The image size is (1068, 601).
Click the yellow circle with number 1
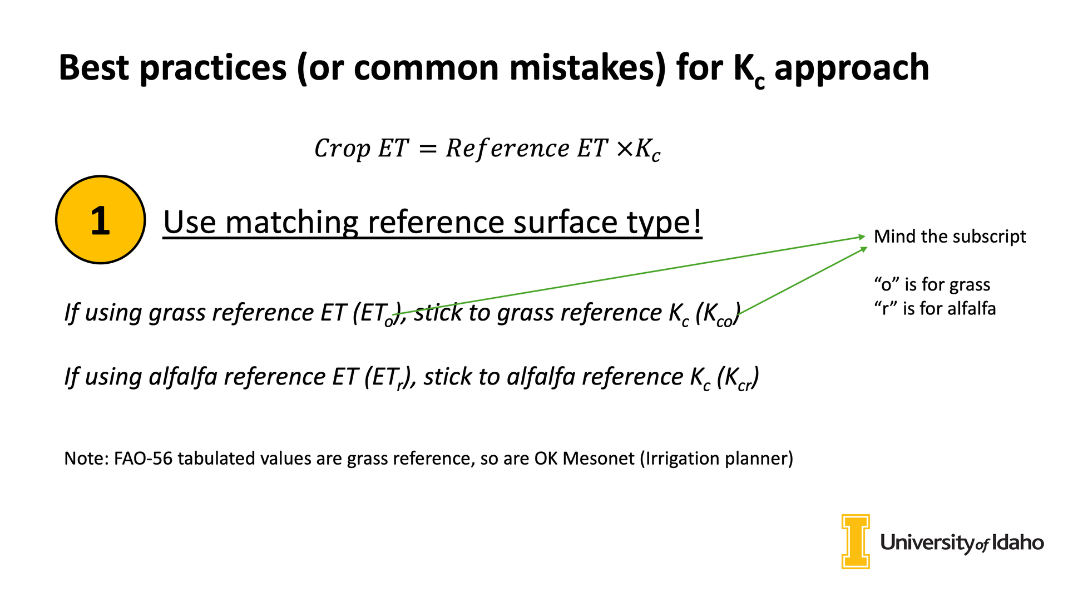(x=101, y=220)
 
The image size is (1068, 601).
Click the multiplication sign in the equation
(x=625, y=149)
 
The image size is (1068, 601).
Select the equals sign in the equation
(x=427, y=149)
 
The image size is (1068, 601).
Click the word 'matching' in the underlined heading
(x=293, y=223)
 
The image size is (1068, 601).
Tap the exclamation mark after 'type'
(x=697, y=221)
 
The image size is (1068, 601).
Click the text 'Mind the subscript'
(x=950, y=237)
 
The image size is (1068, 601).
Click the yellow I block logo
(x=856, y=541)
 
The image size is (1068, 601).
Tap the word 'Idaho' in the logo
(x=1018, y=542)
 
